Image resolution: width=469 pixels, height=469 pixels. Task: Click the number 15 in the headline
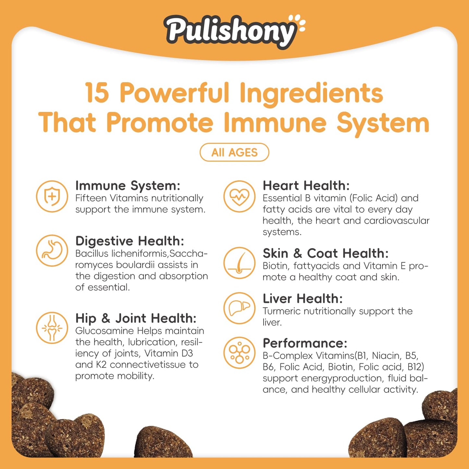click(97, 93)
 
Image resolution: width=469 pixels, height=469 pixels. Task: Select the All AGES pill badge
click(234, 152)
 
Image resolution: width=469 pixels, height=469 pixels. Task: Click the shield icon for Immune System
click(52, 196)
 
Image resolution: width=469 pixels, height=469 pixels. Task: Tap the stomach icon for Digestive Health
click(52, 251)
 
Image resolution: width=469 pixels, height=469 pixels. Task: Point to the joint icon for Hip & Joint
click(52, 327)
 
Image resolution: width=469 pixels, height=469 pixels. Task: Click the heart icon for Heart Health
click(240, 196)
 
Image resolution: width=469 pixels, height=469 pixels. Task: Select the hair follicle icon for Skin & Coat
click(240, 263)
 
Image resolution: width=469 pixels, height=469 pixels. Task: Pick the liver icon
click(240, 308)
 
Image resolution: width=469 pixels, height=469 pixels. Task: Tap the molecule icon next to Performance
click(240, 353)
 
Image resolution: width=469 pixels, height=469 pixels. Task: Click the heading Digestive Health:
click(130, 241)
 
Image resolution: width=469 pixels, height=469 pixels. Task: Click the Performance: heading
click(305, 343)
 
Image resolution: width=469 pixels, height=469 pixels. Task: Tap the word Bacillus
click(92, 253)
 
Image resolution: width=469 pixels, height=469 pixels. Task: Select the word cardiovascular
click(397, 220)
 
